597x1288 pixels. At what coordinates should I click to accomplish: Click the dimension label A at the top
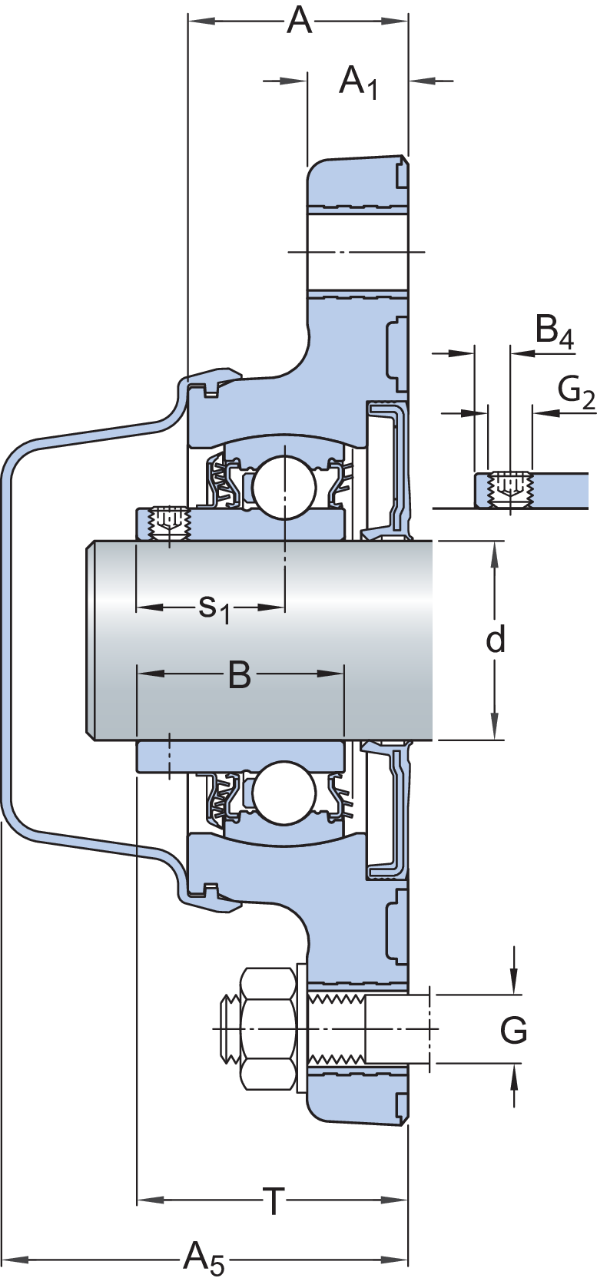pos(299,22)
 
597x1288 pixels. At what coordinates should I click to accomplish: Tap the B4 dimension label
pos(554,333)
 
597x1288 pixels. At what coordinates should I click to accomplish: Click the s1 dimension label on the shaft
pos(213,608)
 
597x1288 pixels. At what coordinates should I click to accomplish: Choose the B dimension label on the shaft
pos(240,676)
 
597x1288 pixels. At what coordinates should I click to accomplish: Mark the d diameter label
pos(496,639)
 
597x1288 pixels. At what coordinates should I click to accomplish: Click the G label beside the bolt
pos(513,1030)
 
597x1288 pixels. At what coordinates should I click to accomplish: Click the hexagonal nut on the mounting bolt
pos(266,1028)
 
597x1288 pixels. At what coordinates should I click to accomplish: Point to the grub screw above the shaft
pos(169,522)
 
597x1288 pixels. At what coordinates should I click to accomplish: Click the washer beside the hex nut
pos(301,1028)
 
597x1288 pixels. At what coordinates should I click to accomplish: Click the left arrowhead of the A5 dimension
pos(15,1260)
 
